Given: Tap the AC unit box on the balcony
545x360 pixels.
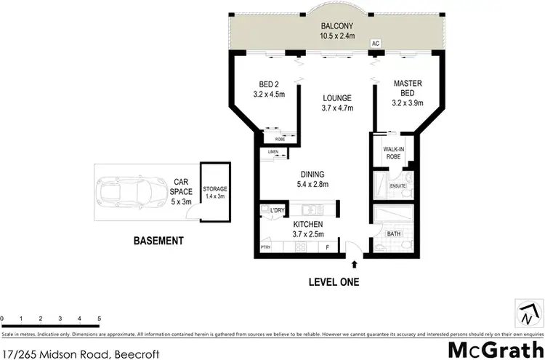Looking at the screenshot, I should (x=376, y=44).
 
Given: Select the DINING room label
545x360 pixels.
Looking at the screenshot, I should (x=312, y=174).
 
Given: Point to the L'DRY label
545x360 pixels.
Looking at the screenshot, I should (x=278, y=210).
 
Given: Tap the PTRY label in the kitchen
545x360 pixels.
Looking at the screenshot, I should (x=265, y=249).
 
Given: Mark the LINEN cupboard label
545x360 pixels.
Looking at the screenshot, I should (x=272, y=152).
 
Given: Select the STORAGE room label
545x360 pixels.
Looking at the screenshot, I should (x=215, y=188).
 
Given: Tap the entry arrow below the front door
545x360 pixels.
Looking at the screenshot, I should (x=355, y=263).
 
